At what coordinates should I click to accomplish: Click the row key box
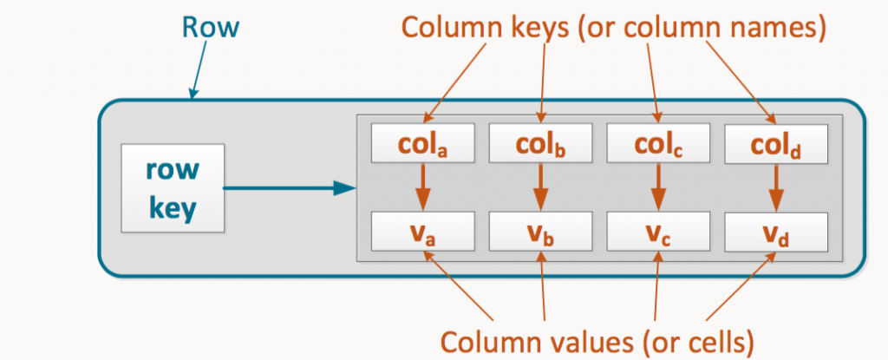173,187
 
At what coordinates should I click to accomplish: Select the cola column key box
422,143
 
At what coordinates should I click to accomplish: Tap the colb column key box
541,143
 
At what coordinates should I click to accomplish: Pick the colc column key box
658,143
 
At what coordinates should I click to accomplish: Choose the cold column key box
776,143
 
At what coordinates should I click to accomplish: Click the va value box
422,232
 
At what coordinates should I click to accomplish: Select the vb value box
541,232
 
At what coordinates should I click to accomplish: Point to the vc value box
658,232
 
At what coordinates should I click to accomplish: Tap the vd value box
776,232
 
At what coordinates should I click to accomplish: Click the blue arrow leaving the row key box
290,187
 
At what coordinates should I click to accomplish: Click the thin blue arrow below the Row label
199,69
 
